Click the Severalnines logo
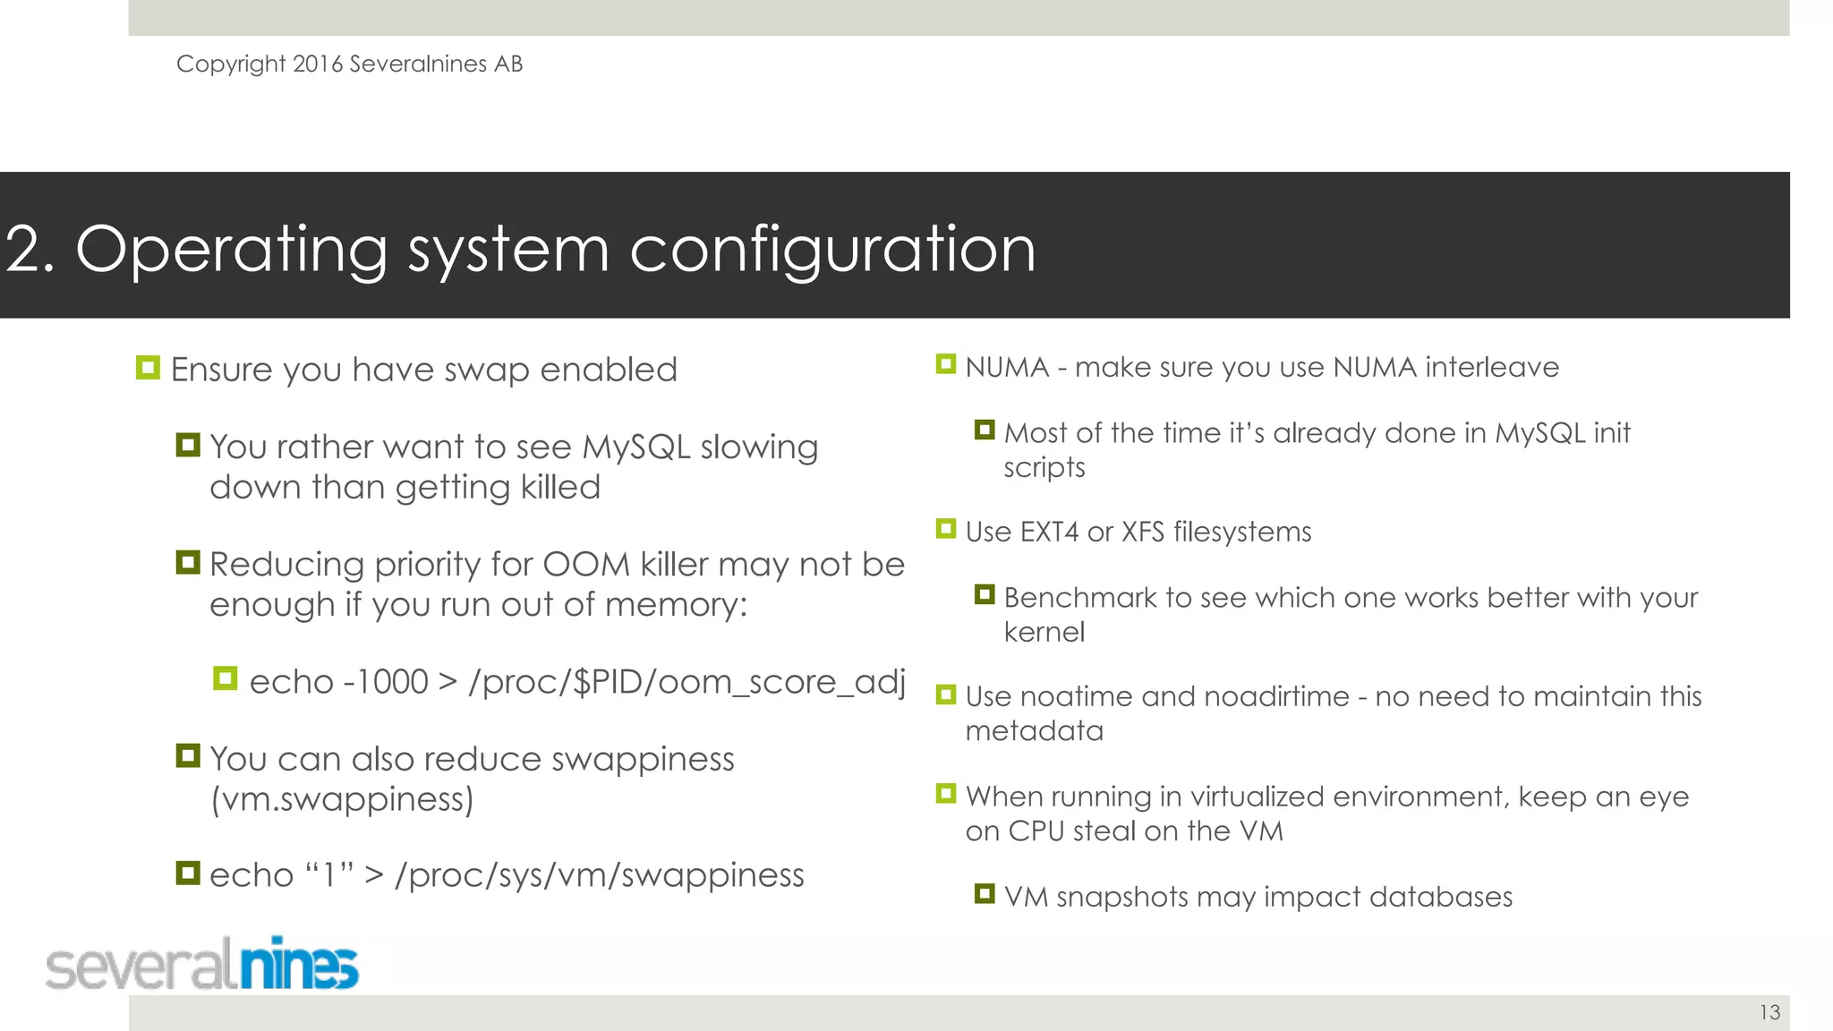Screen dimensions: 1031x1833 [202, 965]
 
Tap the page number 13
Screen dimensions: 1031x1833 [1769, 1012]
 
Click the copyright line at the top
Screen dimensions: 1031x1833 [349, 64]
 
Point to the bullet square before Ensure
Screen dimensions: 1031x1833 [148, 368]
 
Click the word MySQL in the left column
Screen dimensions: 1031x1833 [635, 447]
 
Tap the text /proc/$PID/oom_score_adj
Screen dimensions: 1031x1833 [686, 682]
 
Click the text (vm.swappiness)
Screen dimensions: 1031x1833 [341, 799]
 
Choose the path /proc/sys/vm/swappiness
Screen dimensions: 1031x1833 [599, 875]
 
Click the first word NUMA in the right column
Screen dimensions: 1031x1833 [1006, 367]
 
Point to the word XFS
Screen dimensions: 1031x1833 [1142, 532]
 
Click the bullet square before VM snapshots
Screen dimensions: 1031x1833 [985, 894]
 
